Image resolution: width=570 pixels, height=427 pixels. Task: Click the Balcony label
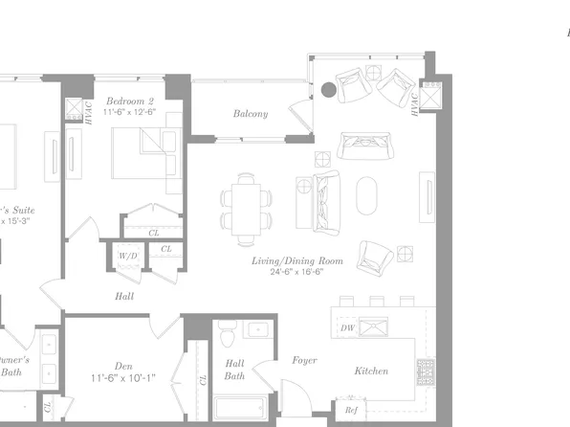251,114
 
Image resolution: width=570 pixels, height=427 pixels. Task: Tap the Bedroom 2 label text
129,101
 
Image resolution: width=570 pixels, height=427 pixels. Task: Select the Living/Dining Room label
297,260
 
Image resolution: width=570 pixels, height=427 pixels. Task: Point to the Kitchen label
371,371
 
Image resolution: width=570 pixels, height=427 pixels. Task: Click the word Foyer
304,360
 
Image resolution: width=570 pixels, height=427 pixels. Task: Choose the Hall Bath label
234,370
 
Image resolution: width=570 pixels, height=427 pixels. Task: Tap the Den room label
123,365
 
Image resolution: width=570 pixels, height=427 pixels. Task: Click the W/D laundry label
128,257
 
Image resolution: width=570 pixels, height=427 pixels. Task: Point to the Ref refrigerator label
351,410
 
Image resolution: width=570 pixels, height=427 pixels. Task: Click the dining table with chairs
248,208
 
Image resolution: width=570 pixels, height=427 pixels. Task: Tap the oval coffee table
367,196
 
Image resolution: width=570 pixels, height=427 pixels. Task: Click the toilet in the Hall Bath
226,335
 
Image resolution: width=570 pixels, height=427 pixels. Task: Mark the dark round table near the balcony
328,90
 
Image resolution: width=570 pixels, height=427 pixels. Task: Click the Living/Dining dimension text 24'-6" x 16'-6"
297,272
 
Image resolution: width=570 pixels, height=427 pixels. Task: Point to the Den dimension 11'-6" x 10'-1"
124,379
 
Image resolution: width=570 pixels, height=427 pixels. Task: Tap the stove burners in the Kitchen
425,369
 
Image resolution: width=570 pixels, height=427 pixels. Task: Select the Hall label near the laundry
123,297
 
